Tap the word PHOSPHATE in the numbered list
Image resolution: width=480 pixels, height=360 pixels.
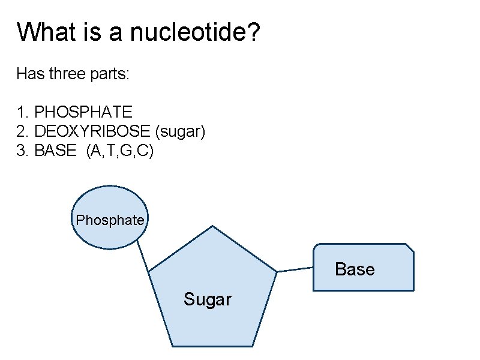(83, 112)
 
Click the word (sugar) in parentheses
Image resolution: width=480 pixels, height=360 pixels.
(181, 131)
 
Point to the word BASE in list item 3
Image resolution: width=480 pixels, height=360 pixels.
(56, 151)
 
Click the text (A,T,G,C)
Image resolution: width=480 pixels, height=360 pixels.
(120, 151)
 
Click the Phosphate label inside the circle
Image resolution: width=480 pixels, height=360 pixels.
(110, 220)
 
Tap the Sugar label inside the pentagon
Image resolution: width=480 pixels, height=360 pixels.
(208, 299)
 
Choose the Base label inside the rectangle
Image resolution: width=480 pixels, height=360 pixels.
(355, 269)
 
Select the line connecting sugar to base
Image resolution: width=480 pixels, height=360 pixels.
(295, 270)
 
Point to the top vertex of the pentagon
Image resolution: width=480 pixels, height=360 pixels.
(212, 227)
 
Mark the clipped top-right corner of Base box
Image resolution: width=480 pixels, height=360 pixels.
(410, 248)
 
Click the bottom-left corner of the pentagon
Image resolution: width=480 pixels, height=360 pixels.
(173, 346)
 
